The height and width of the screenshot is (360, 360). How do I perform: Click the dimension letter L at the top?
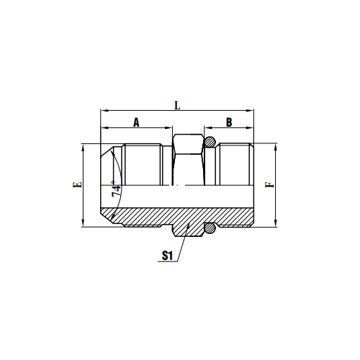pyautogui.click(x=177, y=105)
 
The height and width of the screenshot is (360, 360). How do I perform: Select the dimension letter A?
pyautogui.click(x=135, y=122)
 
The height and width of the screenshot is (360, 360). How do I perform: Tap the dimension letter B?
pyautogui.click(x=229, y=122)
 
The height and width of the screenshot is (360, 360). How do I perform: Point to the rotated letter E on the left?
pyautogui.click(x=78, y=184)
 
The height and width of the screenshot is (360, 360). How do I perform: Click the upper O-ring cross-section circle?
pyautogui.click(x=211, y=141)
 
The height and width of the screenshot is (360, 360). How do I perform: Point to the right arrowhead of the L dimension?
pyautogui.click(x=253, y=112)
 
